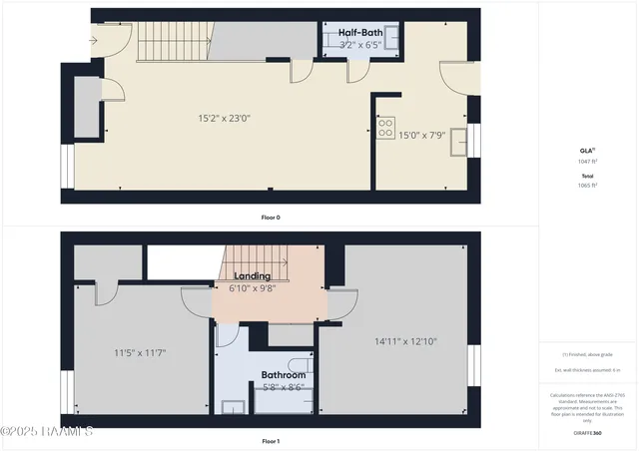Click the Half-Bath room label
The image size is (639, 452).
[x=360, y=33]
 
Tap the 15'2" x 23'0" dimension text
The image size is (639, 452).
[x=224, y=118]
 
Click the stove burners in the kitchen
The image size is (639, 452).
[x=385, y=127]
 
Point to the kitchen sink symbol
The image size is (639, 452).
[x=460, y=141]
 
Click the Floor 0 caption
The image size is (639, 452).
[x=271, y=217]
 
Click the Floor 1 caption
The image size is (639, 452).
[x=271, y=441]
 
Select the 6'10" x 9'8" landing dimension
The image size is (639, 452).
[x=254, y=288]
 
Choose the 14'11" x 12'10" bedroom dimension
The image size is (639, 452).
[x=405, y=341]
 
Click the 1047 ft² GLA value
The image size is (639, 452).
[x=588, y=160]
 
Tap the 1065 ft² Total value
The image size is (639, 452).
[x=588, y=185]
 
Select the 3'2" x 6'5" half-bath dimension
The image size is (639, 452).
[x=361, y=45]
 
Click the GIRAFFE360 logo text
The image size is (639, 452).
[x=588, y=433]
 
